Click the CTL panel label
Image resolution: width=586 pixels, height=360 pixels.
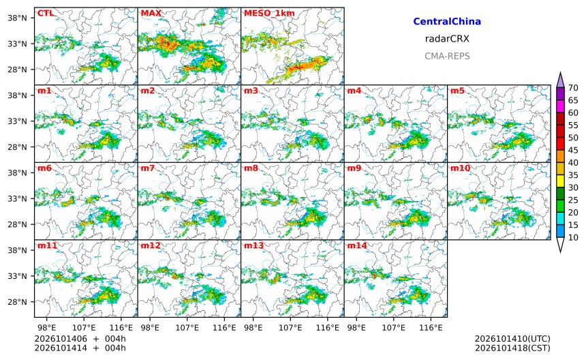coord(45,13)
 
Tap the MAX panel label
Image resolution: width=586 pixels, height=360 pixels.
coord(151,13)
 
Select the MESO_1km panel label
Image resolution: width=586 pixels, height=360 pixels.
coord(269,14)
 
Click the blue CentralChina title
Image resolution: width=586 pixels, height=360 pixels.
coord(447,21)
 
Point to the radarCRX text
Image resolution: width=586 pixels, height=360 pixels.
coord(447,39)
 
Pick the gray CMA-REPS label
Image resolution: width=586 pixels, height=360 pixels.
coord(447,56)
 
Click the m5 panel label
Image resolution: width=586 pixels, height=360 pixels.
coord(457,91)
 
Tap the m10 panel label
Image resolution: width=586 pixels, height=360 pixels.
coord(460,168)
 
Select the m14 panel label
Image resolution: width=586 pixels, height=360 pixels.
coord(357,245)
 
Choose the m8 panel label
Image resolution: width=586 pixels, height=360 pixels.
coord(251,168)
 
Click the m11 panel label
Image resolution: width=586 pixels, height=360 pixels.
coord(47,245)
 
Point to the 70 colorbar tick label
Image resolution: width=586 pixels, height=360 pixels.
coord(573,88)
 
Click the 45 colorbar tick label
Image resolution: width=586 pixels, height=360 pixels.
coord(573,150)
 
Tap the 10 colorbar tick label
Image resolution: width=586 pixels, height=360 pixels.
coord(573,237)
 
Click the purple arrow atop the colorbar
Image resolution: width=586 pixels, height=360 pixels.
coord(560,80)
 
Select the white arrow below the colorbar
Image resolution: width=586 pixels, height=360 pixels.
coord(560,245)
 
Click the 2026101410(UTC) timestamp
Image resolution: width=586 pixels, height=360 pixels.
coord(512,339)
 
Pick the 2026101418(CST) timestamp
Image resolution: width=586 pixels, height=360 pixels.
coord(512,348)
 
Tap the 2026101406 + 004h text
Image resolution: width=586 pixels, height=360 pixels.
coord(80,339)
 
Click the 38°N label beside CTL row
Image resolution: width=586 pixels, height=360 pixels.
coord(17,18)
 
